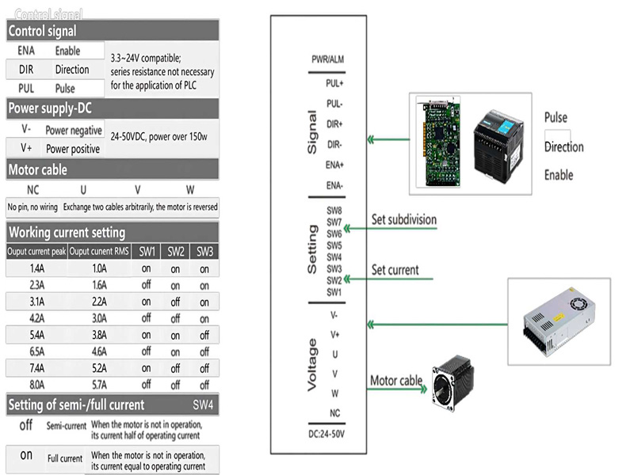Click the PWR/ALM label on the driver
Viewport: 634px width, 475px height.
327,60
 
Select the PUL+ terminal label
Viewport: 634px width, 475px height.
334,82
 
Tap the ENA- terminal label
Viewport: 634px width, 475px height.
334,185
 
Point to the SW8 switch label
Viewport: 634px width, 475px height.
334,211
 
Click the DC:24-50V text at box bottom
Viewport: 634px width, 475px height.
327,435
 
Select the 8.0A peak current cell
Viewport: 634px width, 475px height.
36,385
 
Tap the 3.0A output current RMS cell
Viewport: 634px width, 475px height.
98,318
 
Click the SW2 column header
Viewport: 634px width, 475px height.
175,252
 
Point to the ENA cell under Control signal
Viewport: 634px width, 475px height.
26,51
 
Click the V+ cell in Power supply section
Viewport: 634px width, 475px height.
26,147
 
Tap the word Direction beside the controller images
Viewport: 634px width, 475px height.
563,146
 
